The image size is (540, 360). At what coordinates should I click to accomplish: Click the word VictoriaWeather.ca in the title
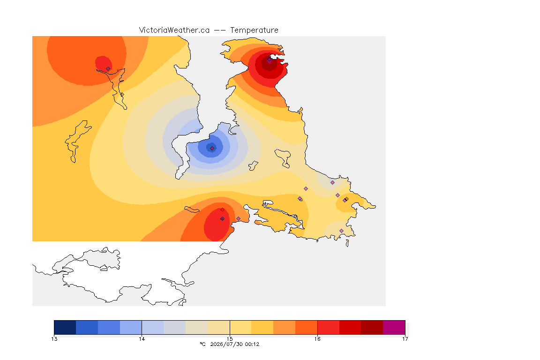click(174, 30)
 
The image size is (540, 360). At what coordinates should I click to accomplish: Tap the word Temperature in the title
click(254, 30)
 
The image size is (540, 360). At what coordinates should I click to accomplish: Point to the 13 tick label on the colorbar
click(54, 339)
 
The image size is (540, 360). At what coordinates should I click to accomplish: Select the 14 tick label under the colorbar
click(142, 339)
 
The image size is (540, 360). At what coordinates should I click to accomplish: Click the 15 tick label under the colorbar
click(230, 339)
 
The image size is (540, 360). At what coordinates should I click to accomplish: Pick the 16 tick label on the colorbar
click(317, 339)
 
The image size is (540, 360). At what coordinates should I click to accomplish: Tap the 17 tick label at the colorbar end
click(405, 339)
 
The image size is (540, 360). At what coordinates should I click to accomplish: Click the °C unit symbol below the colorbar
click(202, 344)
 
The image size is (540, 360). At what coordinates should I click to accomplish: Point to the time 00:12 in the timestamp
click(252, 344)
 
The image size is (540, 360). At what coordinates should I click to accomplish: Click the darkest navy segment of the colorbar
click(65, 327)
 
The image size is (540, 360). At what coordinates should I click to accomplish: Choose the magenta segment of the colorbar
click(394, 327)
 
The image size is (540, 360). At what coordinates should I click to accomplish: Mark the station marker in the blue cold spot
click(212, 149)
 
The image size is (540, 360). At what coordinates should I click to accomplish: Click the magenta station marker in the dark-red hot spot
click(270, 60)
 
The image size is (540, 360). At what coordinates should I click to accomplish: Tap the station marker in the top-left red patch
click(108, 69)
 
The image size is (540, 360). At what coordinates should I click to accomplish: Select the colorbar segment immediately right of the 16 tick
click(328, 327)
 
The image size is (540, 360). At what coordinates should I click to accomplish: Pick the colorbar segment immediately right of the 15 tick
click(240, 327)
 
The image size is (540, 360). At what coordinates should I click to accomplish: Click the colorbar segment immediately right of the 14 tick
click(153, 327)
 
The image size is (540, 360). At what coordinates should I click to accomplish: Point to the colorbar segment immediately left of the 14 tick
click(131, 327)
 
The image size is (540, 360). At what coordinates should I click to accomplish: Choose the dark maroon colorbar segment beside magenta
click(372, 327)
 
